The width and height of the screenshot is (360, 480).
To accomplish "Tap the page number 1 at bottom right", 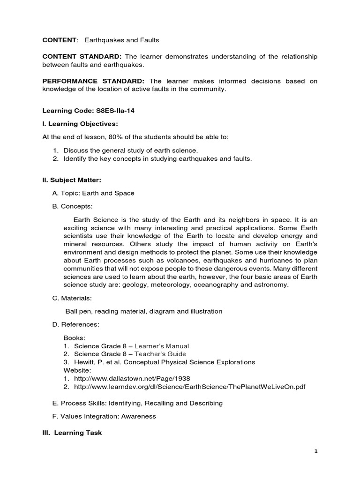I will point(316,451).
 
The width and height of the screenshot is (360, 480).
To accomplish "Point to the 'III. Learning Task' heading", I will point(72,433).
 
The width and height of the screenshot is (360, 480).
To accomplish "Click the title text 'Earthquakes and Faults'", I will point(122,40).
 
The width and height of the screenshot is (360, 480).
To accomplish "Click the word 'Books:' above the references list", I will point(73,337).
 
